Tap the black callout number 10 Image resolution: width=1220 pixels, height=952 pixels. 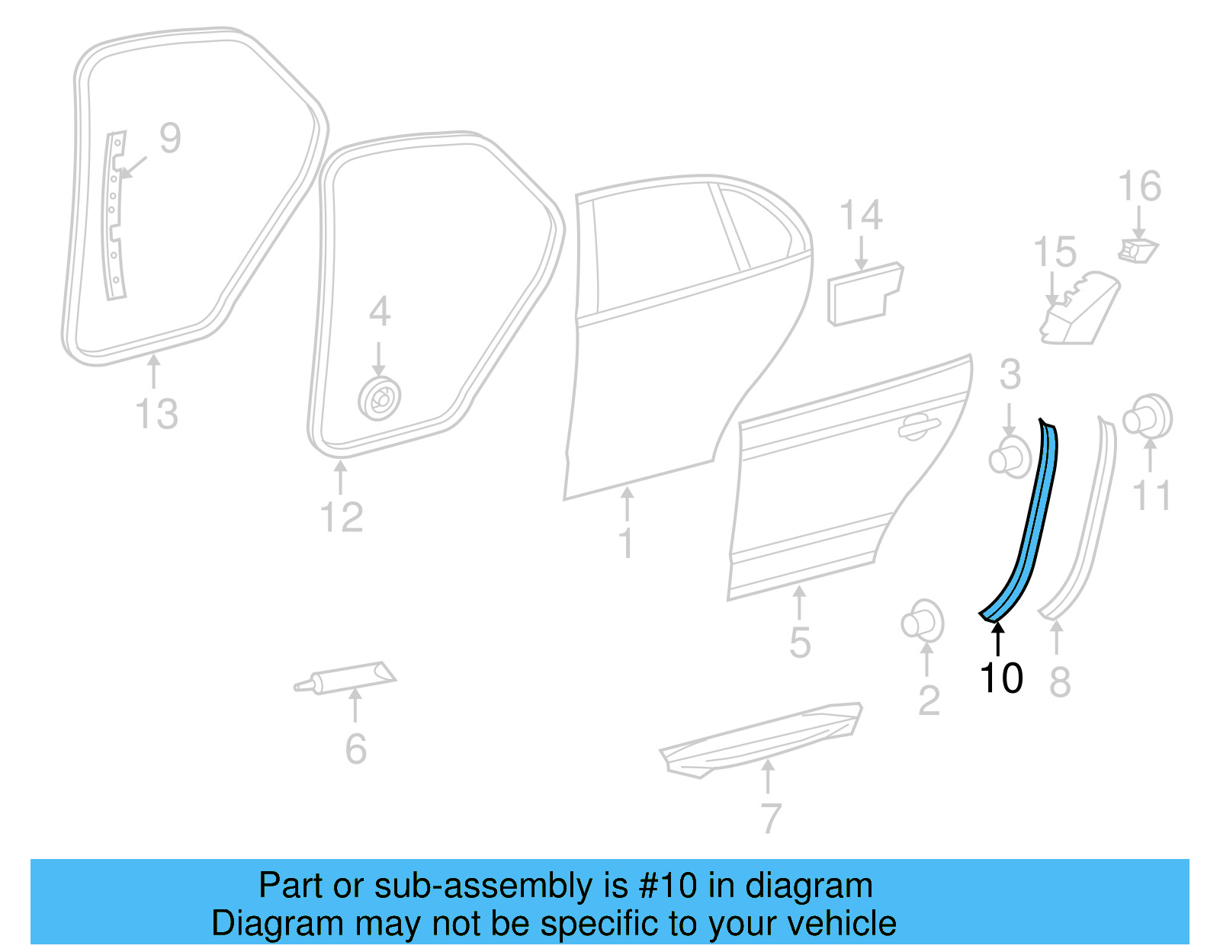point(1001,678)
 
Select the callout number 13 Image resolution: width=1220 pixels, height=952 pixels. point(156,415)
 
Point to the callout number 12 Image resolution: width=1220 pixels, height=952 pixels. point(342,518)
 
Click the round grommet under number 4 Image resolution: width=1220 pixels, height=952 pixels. point(380,399)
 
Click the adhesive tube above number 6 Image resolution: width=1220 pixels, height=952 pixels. point(347,677)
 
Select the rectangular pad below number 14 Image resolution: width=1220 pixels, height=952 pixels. point(865,294)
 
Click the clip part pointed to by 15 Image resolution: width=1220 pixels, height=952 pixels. point(1077,309)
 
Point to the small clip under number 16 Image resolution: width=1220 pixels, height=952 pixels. point(1138,249)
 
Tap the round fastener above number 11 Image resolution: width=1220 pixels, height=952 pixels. point(1148,417)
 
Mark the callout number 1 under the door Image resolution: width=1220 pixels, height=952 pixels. point(626,544)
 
